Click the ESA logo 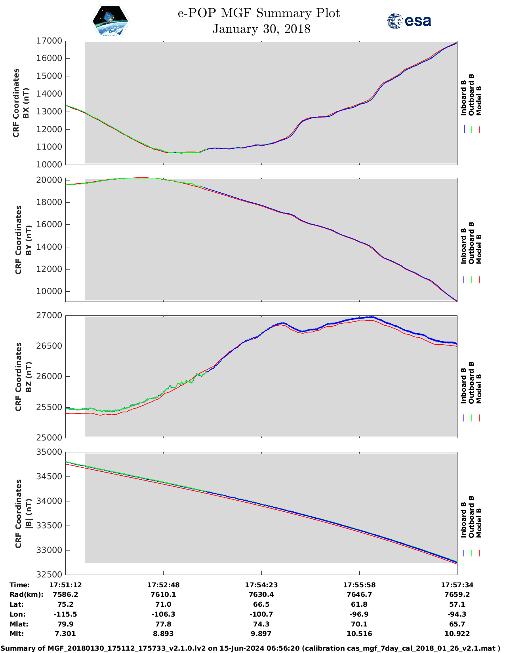[409, 21]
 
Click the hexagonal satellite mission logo [111, 21]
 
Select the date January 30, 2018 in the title [261, 29]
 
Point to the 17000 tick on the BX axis [49, 41]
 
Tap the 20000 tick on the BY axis [49, 180]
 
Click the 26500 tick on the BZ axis [49, 346]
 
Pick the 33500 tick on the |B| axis [49, 526]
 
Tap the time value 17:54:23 [261, 585]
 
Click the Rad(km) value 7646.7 [359, 594]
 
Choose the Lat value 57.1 [457, 604]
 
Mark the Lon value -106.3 [163, 614]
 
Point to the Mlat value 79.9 [65, 624]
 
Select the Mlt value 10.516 [359, 634]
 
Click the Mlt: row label [17, 634]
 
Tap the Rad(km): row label [26, 594]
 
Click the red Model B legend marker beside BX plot [480, 129]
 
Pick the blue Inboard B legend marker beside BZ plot [464, 418]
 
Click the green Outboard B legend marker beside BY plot [472, 279]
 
